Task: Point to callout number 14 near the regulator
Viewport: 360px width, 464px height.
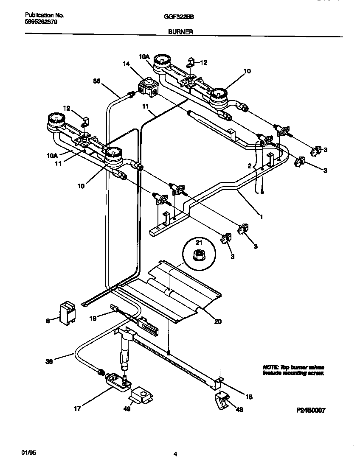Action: coord(126,64)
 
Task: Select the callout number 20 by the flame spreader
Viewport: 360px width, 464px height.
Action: coord(217,321)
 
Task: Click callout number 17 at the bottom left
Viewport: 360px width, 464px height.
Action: coord(77,409)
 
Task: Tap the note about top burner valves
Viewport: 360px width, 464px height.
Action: coord(293,370)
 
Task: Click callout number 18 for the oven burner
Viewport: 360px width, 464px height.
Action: coord(249,397)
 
